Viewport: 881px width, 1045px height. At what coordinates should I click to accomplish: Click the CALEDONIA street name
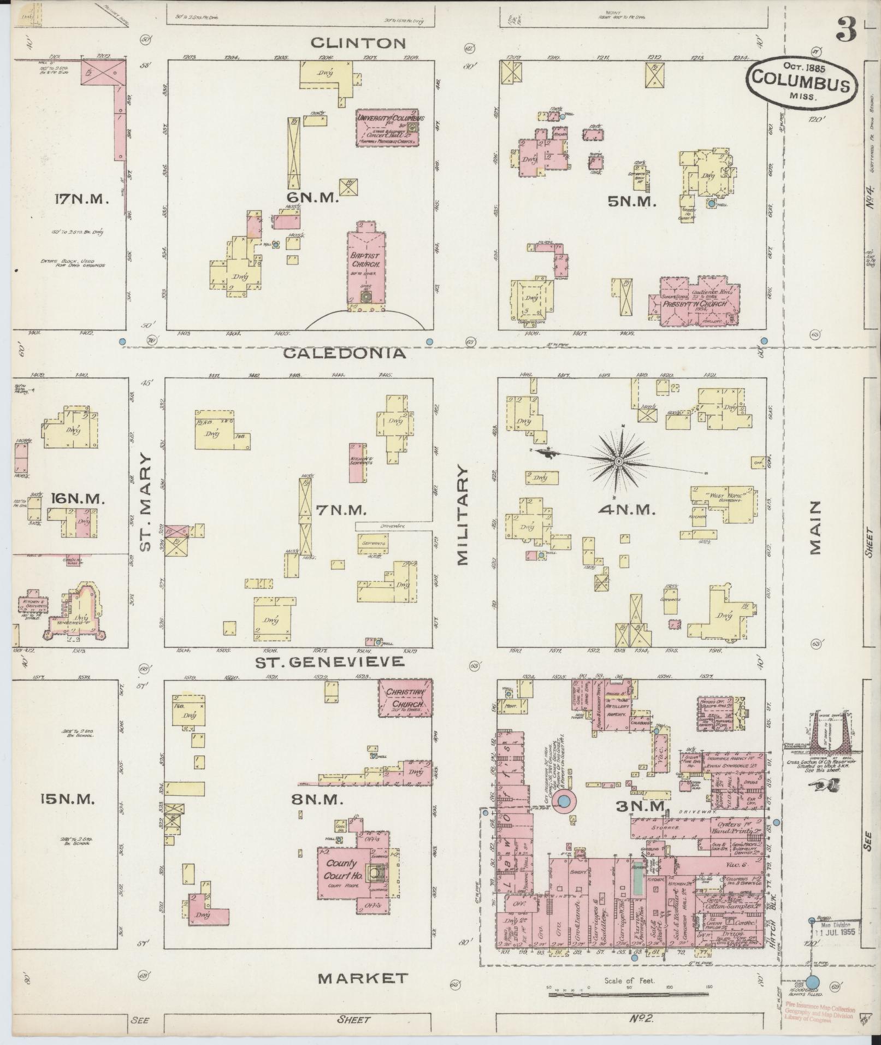tap(345, 353)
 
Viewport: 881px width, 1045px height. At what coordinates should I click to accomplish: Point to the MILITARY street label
tap(463, 515)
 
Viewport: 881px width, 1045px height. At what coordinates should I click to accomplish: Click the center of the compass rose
tap(618, 462)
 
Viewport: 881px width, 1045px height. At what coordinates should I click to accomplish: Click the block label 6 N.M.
tap(314, 198)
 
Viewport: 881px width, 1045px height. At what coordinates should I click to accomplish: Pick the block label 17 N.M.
tap(82, 199)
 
